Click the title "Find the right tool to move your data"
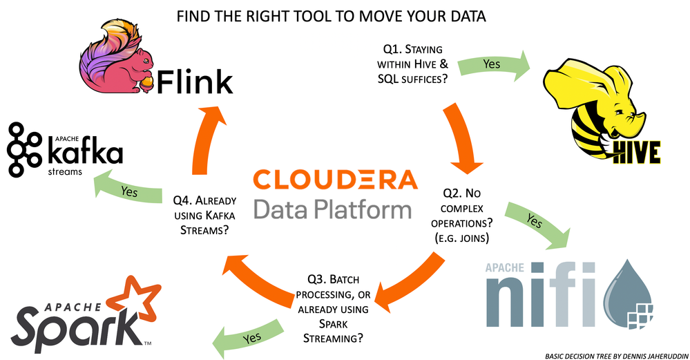(331, 16)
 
